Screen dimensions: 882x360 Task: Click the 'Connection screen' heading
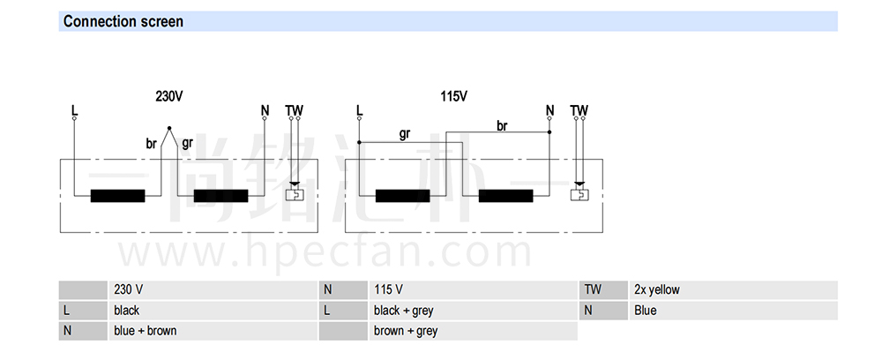coord(123,21)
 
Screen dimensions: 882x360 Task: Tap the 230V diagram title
coord(168,96)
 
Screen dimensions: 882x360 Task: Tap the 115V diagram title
coord(454,96)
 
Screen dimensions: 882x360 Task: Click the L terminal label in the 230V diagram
coord(74,110)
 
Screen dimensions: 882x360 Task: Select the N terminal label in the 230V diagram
coord(265,110)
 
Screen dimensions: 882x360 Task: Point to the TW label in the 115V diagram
coord(579,110)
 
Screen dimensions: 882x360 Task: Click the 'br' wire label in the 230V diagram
coord(152,144)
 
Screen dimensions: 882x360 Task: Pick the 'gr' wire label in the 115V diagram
coord(405,134)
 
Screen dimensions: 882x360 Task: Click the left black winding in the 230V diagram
coord(117,196)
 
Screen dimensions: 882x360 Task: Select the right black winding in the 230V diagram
coord(220,196)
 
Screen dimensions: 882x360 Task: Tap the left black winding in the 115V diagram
coord(403,196)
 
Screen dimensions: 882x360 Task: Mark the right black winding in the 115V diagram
coord(505,196)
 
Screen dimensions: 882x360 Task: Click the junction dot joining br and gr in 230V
coord(169,128)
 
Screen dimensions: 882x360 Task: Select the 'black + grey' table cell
coord(403,311)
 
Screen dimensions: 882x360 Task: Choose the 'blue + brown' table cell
coord(146,331)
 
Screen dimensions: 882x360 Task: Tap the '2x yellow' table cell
coord(656,289)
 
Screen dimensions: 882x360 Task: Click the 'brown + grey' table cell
coord(405,331)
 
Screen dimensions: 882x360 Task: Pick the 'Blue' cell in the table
coord(646,311)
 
